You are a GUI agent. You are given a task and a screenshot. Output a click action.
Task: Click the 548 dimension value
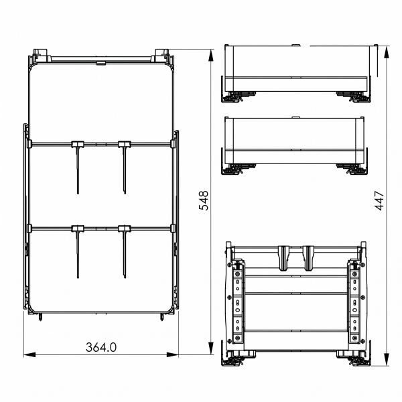coord(204,200)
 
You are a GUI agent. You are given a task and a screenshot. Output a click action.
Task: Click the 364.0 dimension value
coord(101,347)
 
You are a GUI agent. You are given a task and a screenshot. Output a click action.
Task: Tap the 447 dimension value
coord(379,200)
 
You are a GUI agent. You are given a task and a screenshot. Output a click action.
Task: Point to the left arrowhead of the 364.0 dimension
coord(29,355)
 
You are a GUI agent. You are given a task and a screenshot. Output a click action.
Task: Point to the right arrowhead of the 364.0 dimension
coord(172,355)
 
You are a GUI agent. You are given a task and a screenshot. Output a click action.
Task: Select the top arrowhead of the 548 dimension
coord(211,56)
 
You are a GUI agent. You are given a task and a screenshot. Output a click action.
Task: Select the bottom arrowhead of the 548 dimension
coord(211,348)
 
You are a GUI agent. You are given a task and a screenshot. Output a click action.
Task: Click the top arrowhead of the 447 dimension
coord(387,52)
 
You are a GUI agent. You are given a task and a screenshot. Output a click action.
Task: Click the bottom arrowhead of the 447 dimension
coord(387,359)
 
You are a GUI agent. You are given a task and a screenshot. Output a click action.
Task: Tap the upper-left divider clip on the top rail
coord(78,144)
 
